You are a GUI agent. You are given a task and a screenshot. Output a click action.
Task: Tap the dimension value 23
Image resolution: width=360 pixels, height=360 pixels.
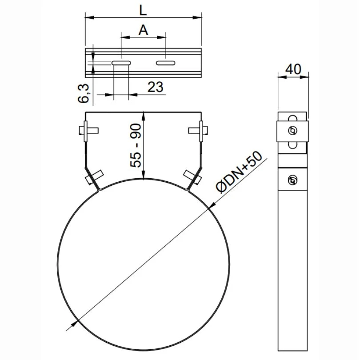(155, 87)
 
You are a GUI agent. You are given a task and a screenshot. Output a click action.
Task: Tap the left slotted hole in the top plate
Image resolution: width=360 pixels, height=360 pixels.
(121, 63)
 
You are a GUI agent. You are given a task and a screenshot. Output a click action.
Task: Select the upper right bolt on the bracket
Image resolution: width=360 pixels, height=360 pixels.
(199, 130)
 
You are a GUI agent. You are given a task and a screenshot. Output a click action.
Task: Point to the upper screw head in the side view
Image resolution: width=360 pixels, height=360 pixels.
(292, 131)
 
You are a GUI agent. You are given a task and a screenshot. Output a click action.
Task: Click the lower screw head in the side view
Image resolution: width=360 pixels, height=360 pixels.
(292, 180)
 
